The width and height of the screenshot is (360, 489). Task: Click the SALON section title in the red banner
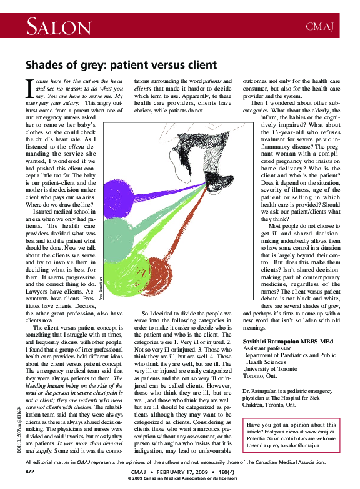click(58, 26)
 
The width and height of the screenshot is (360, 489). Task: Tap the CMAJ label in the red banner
click(320, 27)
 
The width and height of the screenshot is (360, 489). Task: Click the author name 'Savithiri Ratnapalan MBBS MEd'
click(287, 341)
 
